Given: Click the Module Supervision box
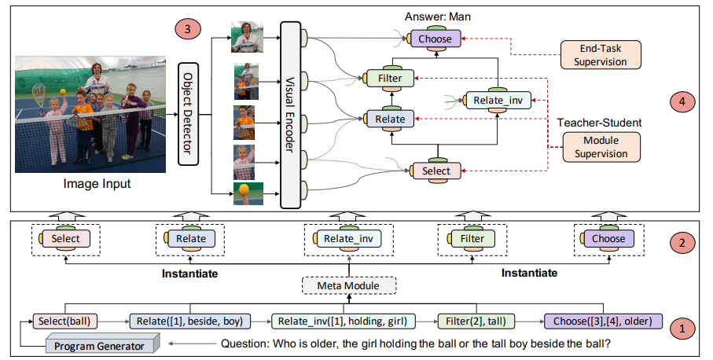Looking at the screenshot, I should coord(601,147).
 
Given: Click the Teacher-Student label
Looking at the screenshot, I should coord(600,123).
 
